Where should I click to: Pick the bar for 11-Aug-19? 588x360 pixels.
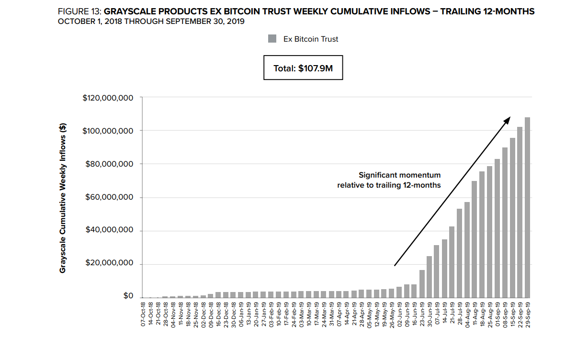(x=475, y=239)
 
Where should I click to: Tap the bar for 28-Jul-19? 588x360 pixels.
(x=459, y=253)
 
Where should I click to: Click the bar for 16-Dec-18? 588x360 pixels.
(x=218, y=295)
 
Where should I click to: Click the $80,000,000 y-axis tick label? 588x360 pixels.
(x=110, y=164)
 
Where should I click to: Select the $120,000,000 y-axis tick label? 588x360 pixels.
(x=108, y=98)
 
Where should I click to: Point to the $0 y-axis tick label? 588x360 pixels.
(x=128, y=296)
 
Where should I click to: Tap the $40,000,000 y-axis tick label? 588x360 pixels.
(x=110, y=230)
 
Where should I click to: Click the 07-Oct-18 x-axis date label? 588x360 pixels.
(x=143, y=314)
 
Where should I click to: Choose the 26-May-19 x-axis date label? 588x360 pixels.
(x=392, y=314)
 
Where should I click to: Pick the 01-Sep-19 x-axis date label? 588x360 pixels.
(x=497, y=314)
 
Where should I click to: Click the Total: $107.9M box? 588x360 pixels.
(x=303, y=68)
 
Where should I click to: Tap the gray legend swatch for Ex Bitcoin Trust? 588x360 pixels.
(x=272, y=39)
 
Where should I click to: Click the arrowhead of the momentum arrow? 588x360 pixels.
(x=508, y=120)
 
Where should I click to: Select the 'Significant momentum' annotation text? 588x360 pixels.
(x=399, y=175)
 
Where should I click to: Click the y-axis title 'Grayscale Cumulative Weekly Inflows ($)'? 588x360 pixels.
(x=63, y=198)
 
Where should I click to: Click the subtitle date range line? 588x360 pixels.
(x=151, y=22)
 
